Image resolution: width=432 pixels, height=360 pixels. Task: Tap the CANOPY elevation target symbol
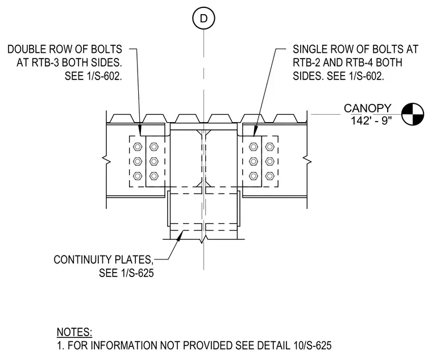[413, 114]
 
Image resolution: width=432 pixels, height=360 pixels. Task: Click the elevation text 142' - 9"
[371, 120]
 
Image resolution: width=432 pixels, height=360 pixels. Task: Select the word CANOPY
[368, 108]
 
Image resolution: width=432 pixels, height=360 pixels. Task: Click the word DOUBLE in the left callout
[27, 49]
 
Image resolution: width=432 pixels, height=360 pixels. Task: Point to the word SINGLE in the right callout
[310, 49]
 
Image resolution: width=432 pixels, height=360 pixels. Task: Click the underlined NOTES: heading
[74, 332]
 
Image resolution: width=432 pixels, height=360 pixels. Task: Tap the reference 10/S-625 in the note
[311, 345]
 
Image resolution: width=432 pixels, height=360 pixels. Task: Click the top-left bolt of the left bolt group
[138, 146]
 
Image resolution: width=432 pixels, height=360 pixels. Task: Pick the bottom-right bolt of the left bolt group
[154, 175]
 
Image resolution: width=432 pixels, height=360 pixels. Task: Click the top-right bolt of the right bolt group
[270, 146]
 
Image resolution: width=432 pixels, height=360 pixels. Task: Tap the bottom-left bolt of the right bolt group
[254, 175]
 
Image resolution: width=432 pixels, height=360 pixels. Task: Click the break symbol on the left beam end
[106, 160]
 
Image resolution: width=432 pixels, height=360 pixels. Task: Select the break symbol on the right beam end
[307, 160]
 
